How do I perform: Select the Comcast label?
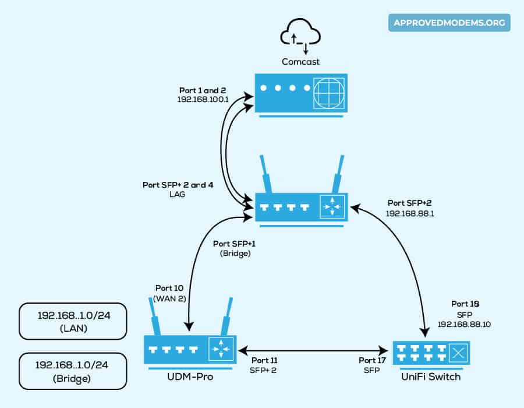[300, 61]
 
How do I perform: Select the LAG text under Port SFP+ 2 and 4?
[180, 194]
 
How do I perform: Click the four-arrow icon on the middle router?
[332, 207]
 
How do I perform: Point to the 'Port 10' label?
[169, 289]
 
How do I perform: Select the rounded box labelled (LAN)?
[73, 321]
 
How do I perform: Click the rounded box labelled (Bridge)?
[73, 371]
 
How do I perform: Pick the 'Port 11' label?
[265, 360]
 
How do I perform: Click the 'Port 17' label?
[373, 360]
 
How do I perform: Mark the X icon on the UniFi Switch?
[459, 351]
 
